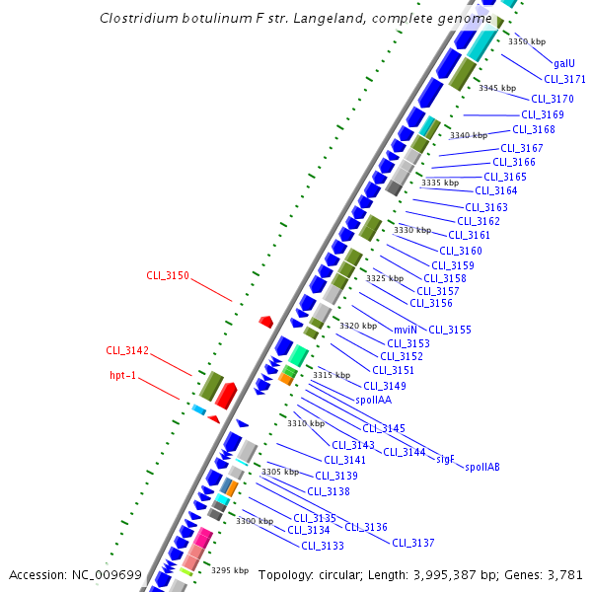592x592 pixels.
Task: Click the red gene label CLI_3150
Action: pyautogui.click(x=168, y=275)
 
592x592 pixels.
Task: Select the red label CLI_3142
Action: pyautogui.click(x=127, y=350)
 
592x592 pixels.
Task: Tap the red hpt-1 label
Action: pyautogui.click(x=129, y=375)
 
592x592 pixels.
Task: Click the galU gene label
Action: pyautogui.click(x=564, y=62)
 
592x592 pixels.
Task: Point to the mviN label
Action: pyautogui.click(x=406, y=329)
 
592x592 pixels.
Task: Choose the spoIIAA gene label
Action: pyautogui.click(x=376, y=400)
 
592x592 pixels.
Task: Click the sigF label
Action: pyautogui.click(x=445, y=459)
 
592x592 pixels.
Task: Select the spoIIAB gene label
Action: pyautogui.click(x=482, y=467)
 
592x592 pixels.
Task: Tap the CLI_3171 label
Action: pyautogui.click(x=564, y=79)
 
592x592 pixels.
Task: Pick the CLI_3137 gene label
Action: pyautogui.click(x=413, y=542)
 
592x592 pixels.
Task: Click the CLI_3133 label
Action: pyautogui.click(x=323, y=546)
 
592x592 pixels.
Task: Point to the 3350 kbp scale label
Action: pyautogui.click(x=526, y=41)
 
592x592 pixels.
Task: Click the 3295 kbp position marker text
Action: pyautogui.click(x=230, y=570)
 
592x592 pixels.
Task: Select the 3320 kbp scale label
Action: pyautogui.click(x=358, y=326)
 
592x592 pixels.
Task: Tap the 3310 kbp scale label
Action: pyautogui.click(x=306, y=423)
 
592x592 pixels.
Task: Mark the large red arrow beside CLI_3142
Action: pyautogui.click(x=226, y=394)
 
